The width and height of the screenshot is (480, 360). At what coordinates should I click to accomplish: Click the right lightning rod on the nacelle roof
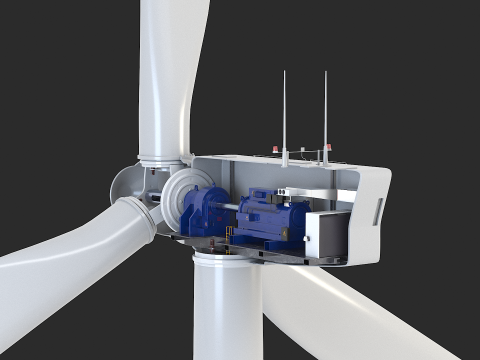coord(326,110)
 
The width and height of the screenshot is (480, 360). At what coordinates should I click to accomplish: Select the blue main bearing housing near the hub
coord(205,211)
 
